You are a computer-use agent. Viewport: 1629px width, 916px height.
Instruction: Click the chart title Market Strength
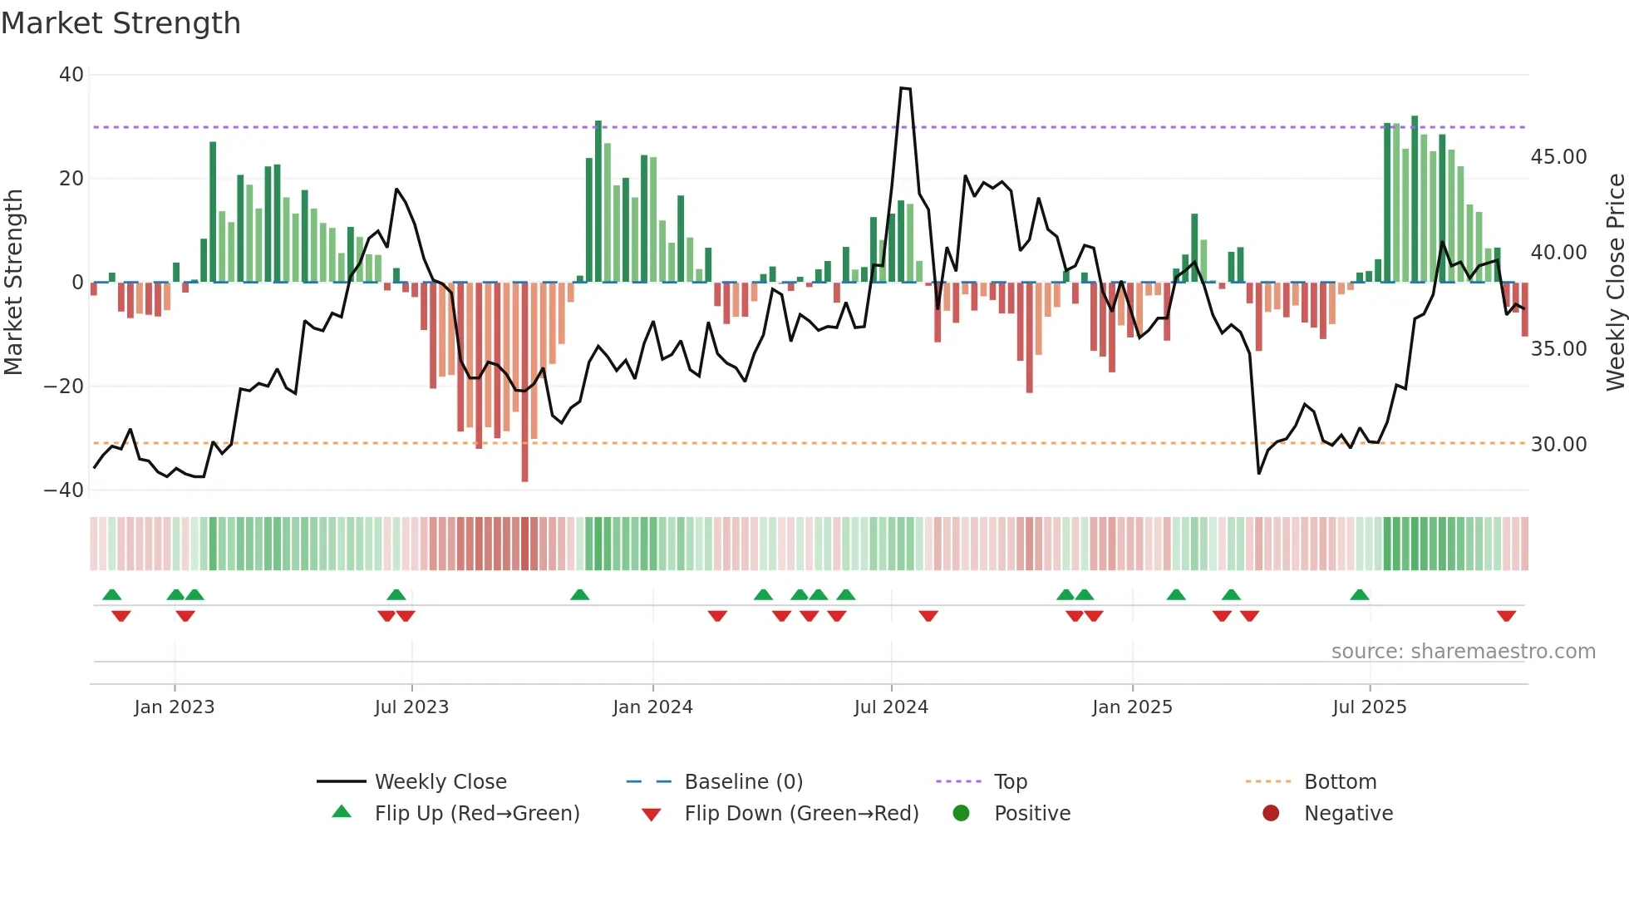[121, 23]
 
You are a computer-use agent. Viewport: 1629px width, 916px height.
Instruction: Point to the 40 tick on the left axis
[71, 75]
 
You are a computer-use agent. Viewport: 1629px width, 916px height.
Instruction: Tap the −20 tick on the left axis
[64, 387]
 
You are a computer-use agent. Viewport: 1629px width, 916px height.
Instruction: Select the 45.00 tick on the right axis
[1558, 157]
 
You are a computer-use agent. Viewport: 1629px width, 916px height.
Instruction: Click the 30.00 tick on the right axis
[1558, 445]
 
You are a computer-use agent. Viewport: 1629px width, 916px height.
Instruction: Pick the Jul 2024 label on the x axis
[891, 707]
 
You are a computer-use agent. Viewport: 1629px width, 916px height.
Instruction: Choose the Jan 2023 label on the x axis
[175, 707]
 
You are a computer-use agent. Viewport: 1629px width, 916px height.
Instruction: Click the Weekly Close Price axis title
[1615, 283]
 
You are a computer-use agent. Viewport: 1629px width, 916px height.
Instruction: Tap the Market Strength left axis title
[14, 283]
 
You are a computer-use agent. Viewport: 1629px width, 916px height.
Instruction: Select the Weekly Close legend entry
[440, 782]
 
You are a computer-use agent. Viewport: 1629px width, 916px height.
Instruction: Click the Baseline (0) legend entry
[743, 782]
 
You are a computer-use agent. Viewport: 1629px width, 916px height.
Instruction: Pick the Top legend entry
[1011, 782]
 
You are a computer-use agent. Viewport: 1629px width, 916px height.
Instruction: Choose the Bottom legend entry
[1340, 782]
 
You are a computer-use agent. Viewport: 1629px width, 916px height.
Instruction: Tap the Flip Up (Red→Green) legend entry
[476, 814]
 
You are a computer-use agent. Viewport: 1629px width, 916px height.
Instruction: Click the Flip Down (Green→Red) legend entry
[801, 814]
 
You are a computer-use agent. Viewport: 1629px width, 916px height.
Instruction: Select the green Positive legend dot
[962, 814]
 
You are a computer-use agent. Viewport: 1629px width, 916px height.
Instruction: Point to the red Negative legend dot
[1271, 814]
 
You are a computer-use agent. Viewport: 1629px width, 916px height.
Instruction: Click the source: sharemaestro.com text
[1463, 652]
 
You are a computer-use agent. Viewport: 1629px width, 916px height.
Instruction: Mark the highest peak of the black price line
[905, 88]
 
